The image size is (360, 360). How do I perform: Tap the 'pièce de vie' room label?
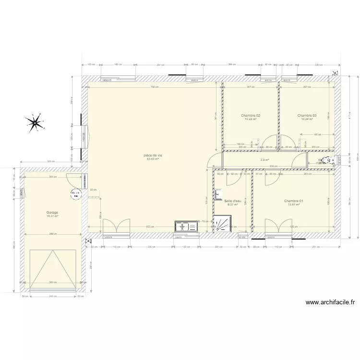click(153, 155)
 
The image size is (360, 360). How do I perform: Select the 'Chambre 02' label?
click(251, 116)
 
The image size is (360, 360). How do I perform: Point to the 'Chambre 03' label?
click(307, 116)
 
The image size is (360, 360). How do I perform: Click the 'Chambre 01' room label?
click(293, 201)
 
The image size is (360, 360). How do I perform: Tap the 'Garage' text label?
click(52, 212)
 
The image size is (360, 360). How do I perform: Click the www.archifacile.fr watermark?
click(330, 302)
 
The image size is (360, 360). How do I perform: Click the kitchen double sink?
click(186, 227)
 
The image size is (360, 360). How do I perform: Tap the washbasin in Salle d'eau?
click(218, 195)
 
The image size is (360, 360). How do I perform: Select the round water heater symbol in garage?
click(75, 194)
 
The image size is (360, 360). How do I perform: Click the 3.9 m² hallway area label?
click(264, 160)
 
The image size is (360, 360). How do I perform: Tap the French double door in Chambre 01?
click(279, 228)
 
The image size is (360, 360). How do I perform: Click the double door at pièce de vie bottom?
click(116, 228)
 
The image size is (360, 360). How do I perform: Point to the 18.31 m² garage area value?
click(52, 216)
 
